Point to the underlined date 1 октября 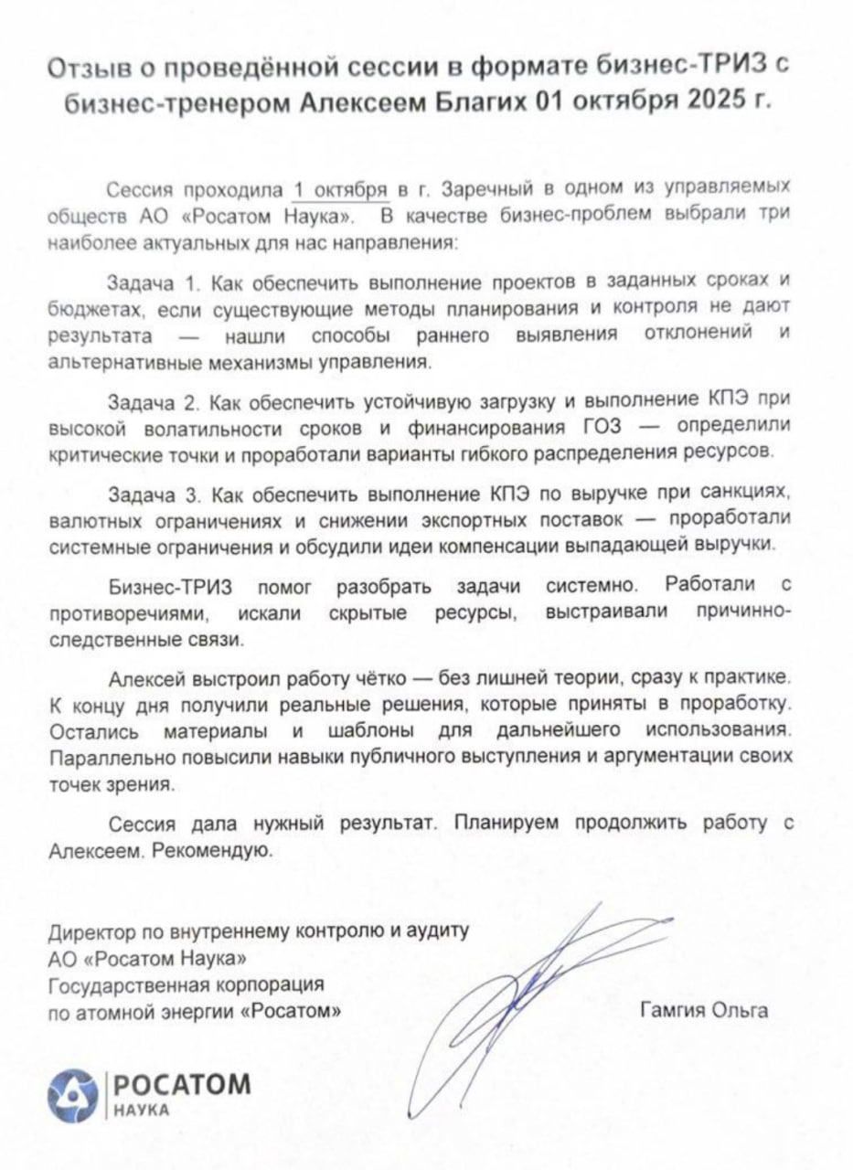[339, 190]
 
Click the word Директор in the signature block [91, 931]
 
